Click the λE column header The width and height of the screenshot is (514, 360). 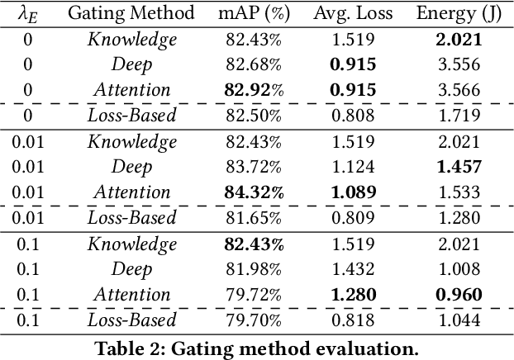(27, 13)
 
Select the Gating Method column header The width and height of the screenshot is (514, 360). (131, 13)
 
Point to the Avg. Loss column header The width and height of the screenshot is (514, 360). (353, 13)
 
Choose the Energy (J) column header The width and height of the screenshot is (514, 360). (458, 13)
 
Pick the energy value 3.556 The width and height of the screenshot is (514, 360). (459, 64)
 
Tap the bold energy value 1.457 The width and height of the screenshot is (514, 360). (459, 167)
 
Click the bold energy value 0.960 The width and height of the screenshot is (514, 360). (459, 295)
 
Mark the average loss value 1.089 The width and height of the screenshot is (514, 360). (353, 192)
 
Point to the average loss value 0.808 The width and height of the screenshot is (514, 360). (353, 116)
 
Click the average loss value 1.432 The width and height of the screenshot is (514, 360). (353, 269)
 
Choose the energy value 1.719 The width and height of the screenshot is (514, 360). (459, 116)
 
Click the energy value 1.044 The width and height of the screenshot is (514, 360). (459, 320)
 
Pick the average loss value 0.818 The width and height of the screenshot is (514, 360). (353, 320)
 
